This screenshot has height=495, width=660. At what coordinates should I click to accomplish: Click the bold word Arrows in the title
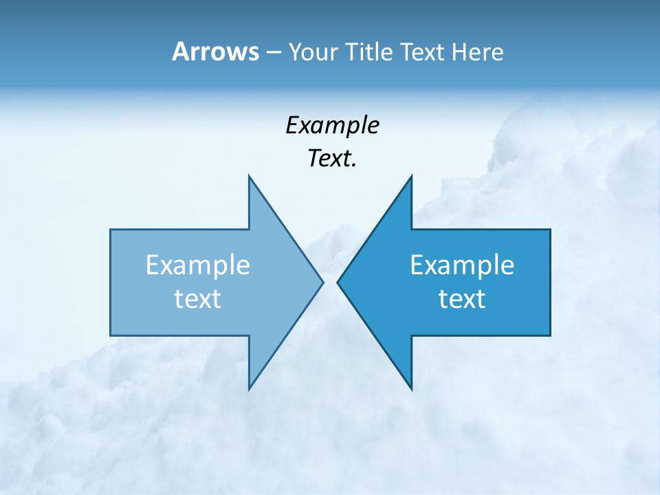pos(214,52)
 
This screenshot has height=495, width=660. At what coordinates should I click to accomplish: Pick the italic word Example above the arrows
pos(332,126)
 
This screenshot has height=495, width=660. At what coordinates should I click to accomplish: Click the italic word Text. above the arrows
pos(332,159)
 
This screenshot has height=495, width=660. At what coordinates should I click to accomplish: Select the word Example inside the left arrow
pos(198,265)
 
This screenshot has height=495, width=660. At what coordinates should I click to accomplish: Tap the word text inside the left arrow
pos(198,299)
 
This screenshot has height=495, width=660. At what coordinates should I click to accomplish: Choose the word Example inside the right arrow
pos(462,265)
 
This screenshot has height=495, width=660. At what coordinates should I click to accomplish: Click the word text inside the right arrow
pos(462,299)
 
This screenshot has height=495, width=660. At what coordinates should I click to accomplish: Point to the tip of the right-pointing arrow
pos(322,282)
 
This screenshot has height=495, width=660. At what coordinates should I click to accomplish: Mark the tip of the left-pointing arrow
pos(338,282)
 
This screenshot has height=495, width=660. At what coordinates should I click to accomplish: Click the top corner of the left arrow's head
pos(250,176)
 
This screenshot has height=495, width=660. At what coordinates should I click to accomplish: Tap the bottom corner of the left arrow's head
pos(250,389)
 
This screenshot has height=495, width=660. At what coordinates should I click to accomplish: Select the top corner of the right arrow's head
pos(411,176)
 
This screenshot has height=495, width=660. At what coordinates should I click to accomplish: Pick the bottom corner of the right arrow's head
pos(411,389)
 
